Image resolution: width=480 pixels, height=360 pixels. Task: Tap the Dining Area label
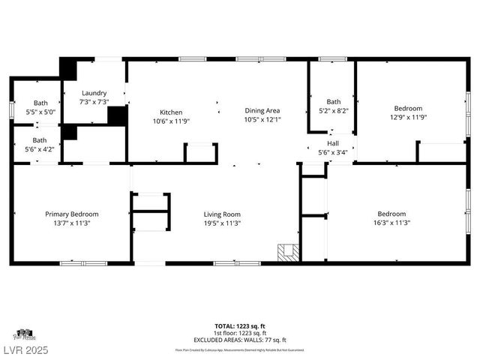[x=262, y=110]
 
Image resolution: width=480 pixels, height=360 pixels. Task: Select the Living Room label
[x=222, y=214]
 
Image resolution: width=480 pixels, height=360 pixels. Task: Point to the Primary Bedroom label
[x=71, y=214]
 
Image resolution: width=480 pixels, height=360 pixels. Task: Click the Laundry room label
[x=94, y=93]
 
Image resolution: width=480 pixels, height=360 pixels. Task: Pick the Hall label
[x=332, y=143]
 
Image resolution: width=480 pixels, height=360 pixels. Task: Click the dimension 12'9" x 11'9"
[x=408, y=117]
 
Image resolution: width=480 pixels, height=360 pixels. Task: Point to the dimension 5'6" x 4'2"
[x=38, y=148]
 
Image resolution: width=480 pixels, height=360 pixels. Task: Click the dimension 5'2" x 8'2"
[x=333, y=110]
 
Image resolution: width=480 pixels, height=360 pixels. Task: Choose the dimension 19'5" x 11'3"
[x=222, y=223]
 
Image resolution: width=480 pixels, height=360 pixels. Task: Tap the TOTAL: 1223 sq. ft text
[x=240, y=326]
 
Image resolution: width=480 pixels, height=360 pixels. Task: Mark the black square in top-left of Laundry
[x=68, y=67]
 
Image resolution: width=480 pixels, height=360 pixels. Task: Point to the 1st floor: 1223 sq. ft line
[x=240, y=332]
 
